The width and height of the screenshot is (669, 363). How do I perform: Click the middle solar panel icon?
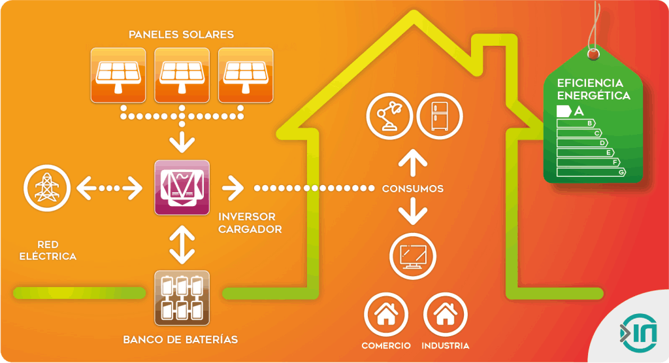tap(182, 75)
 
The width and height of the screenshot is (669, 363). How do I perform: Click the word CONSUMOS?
tap(413, 189)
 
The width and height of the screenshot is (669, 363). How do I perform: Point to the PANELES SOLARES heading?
tap(182, 34)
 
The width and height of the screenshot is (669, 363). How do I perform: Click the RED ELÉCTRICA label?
tap(48, 251)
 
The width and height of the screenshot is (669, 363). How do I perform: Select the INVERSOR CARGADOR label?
tap(250, 222)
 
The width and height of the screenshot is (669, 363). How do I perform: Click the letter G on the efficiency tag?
tap(622, 172)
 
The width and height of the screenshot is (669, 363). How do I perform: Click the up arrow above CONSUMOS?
tap(412, 162)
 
